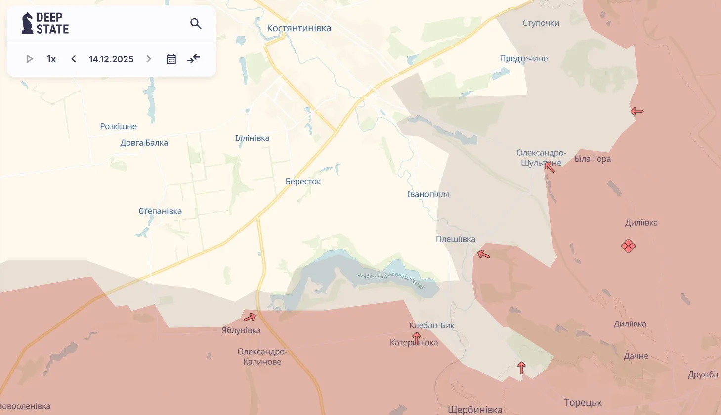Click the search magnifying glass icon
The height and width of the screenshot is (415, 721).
tap(196, 24)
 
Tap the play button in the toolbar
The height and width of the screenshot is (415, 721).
tap(29, 59)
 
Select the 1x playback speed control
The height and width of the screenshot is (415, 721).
tap(51, 59)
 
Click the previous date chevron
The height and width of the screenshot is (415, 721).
tap(74, 59)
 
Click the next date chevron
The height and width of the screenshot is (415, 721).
tap(149, 59)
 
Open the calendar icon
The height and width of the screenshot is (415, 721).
tap(171, 59)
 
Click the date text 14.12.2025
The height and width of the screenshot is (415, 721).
tap(111, 59)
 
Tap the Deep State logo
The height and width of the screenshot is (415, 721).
tap(45, 23)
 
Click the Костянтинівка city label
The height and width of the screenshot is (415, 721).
tap(299, 28)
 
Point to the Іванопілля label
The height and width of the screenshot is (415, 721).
tap(428, 194)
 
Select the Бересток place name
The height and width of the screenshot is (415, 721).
tap(303, 182)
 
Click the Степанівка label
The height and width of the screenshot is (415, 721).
tap(160, 211)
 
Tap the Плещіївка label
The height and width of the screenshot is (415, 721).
tap(455, 239)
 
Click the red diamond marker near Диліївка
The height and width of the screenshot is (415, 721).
tap(628, 246)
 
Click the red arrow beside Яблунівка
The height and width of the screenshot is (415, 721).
tap(250, 317)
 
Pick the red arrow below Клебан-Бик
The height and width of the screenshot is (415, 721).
tap(417, 338)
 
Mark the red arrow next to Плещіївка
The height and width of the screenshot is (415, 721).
tap(483, 255)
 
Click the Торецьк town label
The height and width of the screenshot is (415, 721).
tap(583, 402)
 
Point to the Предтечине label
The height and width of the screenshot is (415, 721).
tap(523, 59)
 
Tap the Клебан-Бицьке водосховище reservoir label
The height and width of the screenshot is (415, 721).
tap(391, 280)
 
